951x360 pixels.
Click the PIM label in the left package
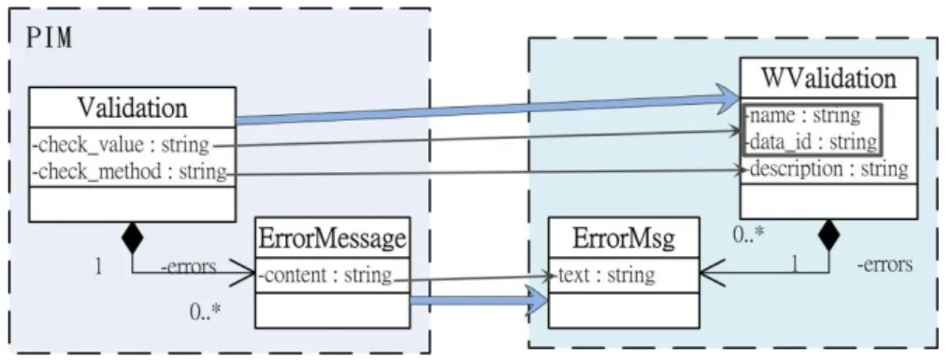50,38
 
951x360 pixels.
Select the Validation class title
132,108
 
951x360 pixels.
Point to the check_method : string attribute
128,172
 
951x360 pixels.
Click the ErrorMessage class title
332,238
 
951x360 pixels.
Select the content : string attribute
324,276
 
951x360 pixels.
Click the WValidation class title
829,79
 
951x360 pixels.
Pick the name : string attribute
803,115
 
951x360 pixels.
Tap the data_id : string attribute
812,142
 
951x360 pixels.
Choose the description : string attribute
828,169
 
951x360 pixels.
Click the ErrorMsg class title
624,239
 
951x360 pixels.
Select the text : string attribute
605,275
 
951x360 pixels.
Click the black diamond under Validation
132,238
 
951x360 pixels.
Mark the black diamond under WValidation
828,235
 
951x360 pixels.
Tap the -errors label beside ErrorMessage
188,266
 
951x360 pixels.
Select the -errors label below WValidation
885,265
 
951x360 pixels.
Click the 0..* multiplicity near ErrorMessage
205,311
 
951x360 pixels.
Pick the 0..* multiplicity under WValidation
748,235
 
